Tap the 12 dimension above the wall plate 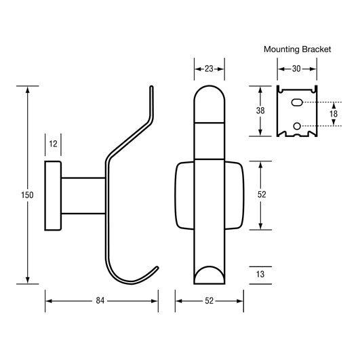pos(54,144)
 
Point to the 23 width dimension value pos(209,68)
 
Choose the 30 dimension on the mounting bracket pos(296,68)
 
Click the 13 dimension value pos(261,275)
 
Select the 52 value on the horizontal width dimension pos(209,300)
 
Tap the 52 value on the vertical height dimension pos(261,195)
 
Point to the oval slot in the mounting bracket pos(296,102)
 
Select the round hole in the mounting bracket pos(296,125)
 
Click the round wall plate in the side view pos(53,196)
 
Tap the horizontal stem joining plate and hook pos(83,196)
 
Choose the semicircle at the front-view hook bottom pos(209,277)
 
